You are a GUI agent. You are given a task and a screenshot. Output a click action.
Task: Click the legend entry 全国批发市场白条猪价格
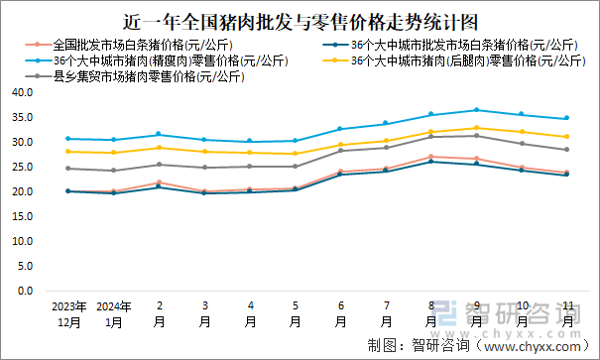(139, 45)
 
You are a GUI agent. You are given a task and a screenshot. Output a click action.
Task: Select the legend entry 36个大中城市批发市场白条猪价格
(460, 45)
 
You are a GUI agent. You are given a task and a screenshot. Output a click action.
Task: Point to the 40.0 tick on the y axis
(23, 92)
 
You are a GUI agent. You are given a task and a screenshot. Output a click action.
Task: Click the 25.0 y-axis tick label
(23, 167)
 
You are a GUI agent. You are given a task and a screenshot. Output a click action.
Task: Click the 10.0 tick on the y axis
(23, 242)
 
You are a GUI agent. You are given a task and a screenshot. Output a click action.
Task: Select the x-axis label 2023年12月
(68, 314)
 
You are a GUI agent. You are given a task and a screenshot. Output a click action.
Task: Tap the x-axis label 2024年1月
(114, 314)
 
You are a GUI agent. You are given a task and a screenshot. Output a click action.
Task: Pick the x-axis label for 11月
(566, 314)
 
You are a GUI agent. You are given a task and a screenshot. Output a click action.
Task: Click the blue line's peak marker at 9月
(476, 110)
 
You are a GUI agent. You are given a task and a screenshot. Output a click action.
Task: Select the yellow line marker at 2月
(159, 148)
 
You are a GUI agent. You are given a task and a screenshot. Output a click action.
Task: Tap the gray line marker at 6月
(340, 151)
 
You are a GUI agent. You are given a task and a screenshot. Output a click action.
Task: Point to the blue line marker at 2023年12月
(68, 139)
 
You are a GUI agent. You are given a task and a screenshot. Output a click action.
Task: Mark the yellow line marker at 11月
(566, 137)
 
